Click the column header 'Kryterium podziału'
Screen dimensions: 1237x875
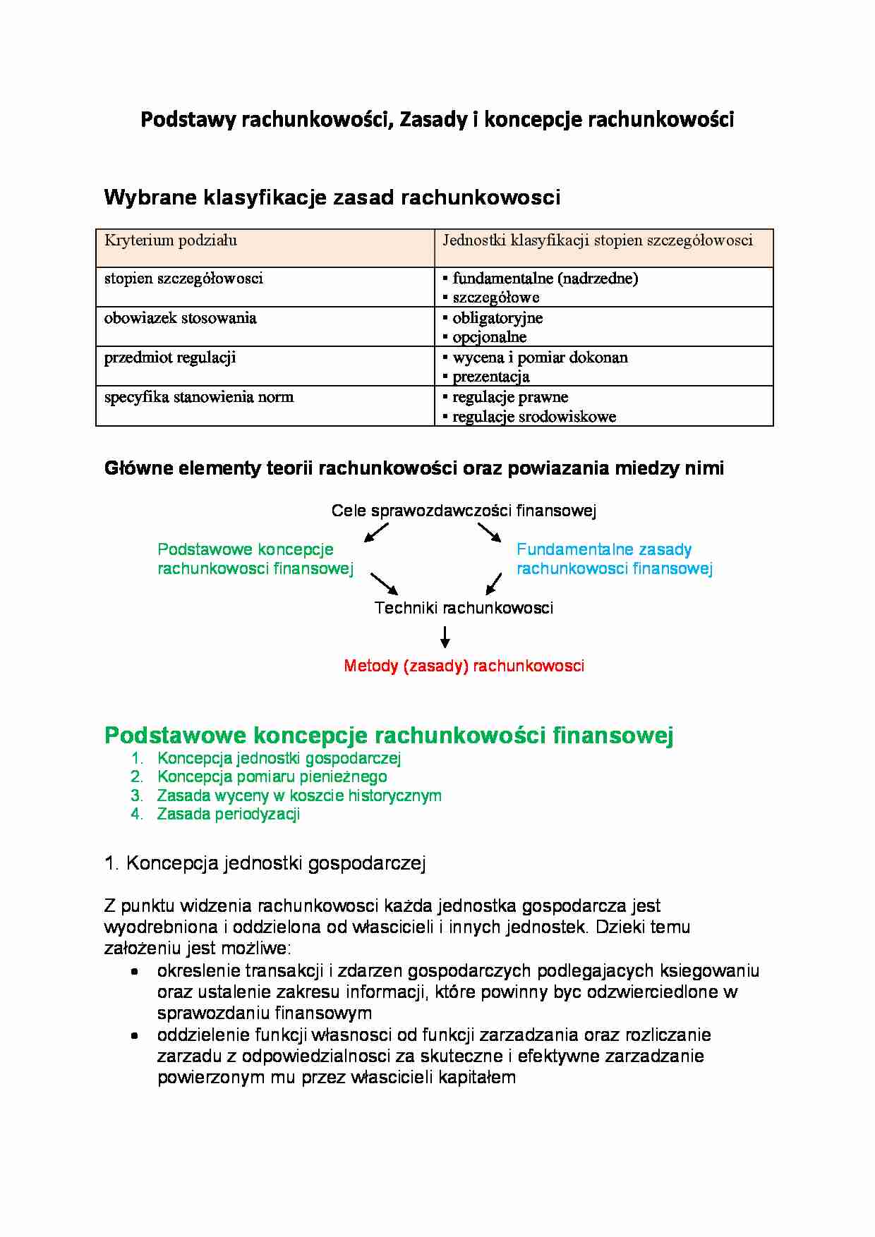(x=171, y=240)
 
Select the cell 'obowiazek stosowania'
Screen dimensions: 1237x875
(x=181, y=318)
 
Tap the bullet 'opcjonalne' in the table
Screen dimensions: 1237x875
(x=489, y=337)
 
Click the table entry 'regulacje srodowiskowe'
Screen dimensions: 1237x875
(x=534, y=417)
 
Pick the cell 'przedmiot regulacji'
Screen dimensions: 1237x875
(x=170, y=358)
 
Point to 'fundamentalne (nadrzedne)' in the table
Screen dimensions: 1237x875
(x=545, y=279)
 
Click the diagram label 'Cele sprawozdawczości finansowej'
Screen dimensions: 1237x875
(x=464, y=511)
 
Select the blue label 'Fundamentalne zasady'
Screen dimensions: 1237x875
(x=604, y=549)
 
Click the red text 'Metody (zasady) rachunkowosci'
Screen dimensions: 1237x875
(x=464, y=666)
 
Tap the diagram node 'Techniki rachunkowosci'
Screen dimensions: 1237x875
(x=464, y=608)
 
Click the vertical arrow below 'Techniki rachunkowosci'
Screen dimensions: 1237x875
(x=445, y=637)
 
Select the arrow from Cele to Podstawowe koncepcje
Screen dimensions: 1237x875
(x=376, y=532)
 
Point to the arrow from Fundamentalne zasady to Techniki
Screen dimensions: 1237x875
(x=494, y=584)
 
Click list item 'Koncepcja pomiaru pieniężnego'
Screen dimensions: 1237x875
(x=272, y=776)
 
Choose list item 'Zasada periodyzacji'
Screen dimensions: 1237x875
(x=229, y=814)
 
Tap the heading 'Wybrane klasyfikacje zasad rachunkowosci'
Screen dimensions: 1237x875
(x=332, y=197)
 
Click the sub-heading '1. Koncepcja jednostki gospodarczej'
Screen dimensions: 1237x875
(x=265, y=863)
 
